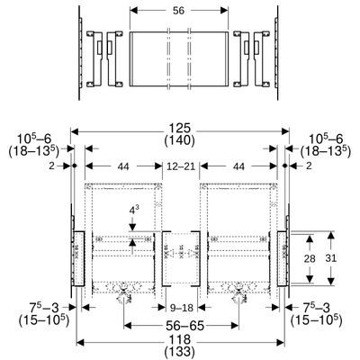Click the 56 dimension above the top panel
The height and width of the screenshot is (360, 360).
178,11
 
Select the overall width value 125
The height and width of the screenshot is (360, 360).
179,129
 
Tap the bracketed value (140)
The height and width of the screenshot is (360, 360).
179,140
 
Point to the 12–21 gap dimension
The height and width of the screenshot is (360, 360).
181,166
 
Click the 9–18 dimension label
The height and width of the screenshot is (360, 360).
182,308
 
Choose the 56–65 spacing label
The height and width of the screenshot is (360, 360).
182,325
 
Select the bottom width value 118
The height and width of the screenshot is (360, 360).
179,339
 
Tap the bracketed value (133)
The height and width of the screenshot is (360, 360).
179,351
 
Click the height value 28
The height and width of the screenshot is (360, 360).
310,258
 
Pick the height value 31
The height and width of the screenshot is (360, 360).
330,258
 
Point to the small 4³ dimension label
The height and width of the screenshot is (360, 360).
132,211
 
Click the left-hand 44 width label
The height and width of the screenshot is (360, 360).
123,166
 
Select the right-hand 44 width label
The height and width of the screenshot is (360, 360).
238,166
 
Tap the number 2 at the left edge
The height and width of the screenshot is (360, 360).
52,166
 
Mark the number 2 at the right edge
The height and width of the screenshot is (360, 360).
309,166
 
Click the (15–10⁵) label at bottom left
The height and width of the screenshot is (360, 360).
44,320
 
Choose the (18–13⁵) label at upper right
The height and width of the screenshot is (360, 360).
326,151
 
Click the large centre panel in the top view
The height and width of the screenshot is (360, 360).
179,58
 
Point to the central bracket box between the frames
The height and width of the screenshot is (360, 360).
181,258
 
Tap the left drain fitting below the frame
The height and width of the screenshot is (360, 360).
123,292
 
